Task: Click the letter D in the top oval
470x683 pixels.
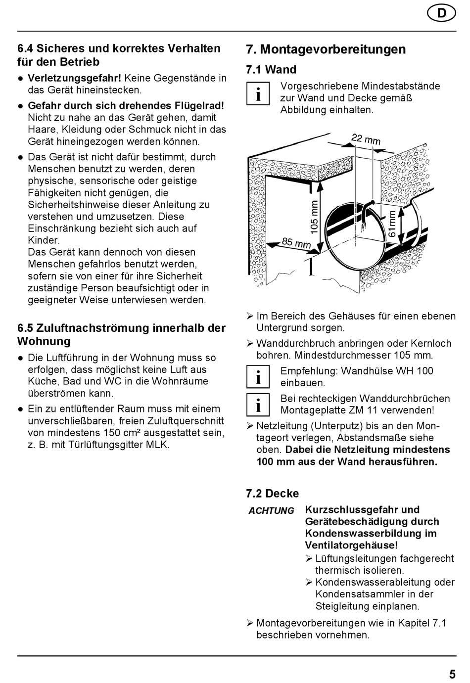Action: pyautogui.click(x=441, y=13)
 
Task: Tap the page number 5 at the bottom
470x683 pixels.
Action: pyautogui.click(x=452, y=674)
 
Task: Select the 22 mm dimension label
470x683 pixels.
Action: pyautogui.click(x=366, y=139)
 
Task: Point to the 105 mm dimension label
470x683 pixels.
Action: pyautogui.click(x=314, y=217)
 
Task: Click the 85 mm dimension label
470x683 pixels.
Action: pyautogui.click(x=296, y=243)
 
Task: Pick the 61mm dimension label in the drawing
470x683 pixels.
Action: pyautogui.click(x=392, y=224)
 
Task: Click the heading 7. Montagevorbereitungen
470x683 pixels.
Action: pyautogui.click(x=326, y=49)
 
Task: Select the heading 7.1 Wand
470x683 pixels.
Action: pyautogui.click(x=271, y=70)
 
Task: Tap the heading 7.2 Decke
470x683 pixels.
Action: pyautogui.click(x=272, y=494)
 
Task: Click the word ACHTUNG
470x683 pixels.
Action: pyautogui.click(x=271, y=511)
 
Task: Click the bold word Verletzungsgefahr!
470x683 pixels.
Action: pyautogui.click(x=74, y=78)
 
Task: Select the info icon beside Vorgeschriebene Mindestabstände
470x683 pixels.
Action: pyautogui.click(x=258, y=94)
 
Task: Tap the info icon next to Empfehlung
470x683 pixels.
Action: pyautogui.click(x=258, y=377)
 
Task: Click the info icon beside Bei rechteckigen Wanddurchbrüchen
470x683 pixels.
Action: pyautogui.click(x=258, y=405)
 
